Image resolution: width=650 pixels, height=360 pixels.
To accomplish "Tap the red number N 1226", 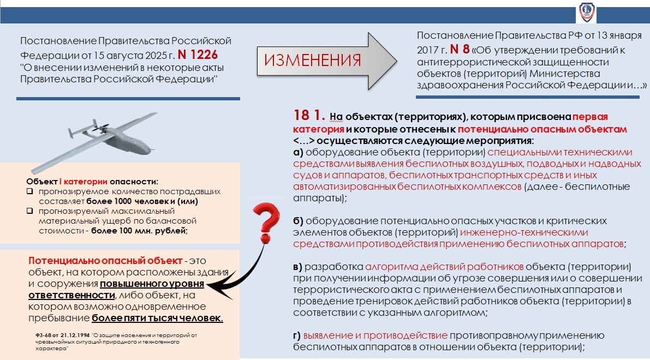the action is (x=198, y=55).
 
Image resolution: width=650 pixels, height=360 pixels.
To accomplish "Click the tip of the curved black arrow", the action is (x=210, y=286).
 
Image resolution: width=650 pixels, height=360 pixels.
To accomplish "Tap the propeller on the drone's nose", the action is (x=99, y=129).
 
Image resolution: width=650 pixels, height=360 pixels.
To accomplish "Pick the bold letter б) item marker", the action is (x=299, y=221).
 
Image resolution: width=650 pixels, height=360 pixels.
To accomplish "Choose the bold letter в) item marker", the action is (x=298, y=267).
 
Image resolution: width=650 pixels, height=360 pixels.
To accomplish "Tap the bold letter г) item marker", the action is (x=297, y=335).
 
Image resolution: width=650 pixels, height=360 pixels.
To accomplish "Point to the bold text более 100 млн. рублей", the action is (x=139, y=231).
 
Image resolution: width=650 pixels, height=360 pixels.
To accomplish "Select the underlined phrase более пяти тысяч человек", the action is (x=157, y=318).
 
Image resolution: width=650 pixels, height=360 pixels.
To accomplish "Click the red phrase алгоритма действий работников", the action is (x=444, y=267).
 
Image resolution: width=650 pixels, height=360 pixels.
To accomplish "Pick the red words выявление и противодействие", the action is (x=375, y=335).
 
